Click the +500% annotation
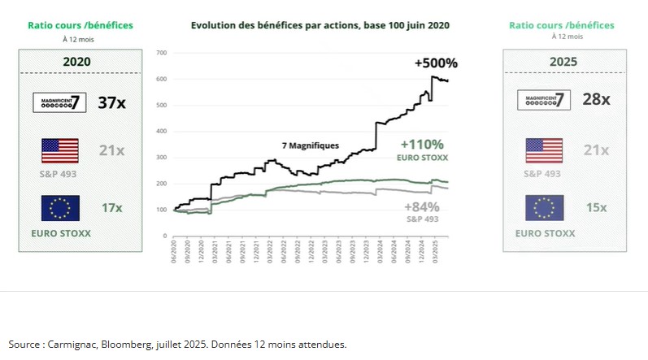tap(435, 63)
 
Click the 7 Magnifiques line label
tap(310, 146)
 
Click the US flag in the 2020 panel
tap(59, 151)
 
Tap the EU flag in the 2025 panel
tap(545, 208)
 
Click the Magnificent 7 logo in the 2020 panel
tap(59, 103)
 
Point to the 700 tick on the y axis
tap(161, 53)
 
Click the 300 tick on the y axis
tap(161, 158)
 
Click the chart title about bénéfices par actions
tap(320, 25)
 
